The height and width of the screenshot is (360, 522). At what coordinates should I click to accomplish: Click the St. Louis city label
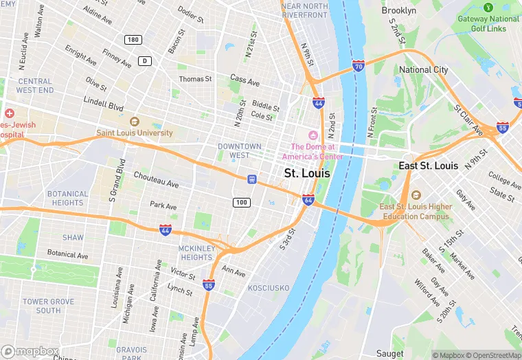tap(307, 173)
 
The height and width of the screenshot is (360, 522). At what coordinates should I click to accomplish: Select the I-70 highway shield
tap(359, 66)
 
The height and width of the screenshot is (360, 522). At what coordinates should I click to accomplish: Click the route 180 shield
tap(133, 40)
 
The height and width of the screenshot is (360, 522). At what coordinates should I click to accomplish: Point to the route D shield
tap(144, 60)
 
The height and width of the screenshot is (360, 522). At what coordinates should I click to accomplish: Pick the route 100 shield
tap(241, 202)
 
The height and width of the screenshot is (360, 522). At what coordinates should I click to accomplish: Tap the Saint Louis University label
tap(135, 133)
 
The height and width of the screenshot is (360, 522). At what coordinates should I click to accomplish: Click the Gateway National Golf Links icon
tap(488, 7)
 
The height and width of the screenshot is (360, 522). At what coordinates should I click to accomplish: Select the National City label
tap(424, 70)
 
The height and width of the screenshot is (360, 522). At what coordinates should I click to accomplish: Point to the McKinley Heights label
tap(196, 252)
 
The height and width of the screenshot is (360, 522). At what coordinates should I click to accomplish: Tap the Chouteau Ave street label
tap(156, 180)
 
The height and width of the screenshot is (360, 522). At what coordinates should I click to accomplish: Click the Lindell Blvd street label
tap(104, 104)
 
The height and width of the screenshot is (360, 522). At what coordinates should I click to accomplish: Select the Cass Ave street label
tap(245, 80)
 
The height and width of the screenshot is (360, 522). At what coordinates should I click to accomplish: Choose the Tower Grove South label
tap(48, 306)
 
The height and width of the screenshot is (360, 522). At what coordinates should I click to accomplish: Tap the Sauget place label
tap(390, 354)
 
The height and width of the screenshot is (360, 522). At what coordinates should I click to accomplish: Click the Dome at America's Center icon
tap(313, 135)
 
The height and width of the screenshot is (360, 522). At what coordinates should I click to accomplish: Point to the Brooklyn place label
tap(398, 10)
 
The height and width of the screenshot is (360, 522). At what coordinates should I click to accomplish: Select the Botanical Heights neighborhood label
tap(67, 198)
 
